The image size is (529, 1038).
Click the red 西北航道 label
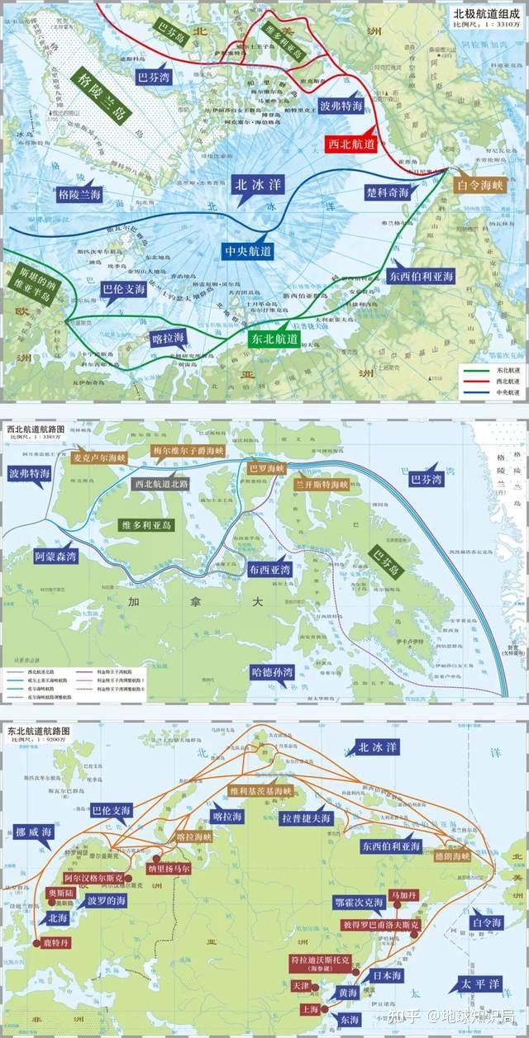(350, 143)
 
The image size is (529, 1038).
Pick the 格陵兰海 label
(79, 194)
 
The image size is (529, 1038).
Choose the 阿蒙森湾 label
(55, 557)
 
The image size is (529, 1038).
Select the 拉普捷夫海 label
(306, 818)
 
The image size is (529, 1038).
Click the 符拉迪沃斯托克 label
(322, 964)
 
